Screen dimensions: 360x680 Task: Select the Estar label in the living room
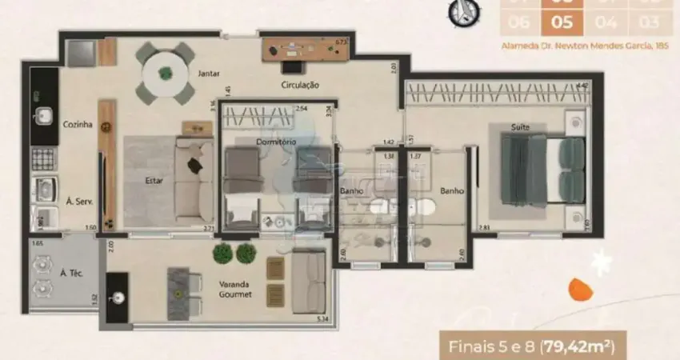pos(154,181)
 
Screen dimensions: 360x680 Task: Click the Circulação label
pos(300,85)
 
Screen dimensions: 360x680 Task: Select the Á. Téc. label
pos(73,273)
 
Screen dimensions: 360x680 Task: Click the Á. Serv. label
pos(78,202)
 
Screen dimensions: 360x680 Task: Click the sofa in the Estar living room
pos(193,181)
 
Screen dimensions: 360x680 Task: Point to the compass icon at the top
pos(460,10)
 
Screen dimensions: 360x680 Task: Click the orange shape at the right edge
pos(580,288)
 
